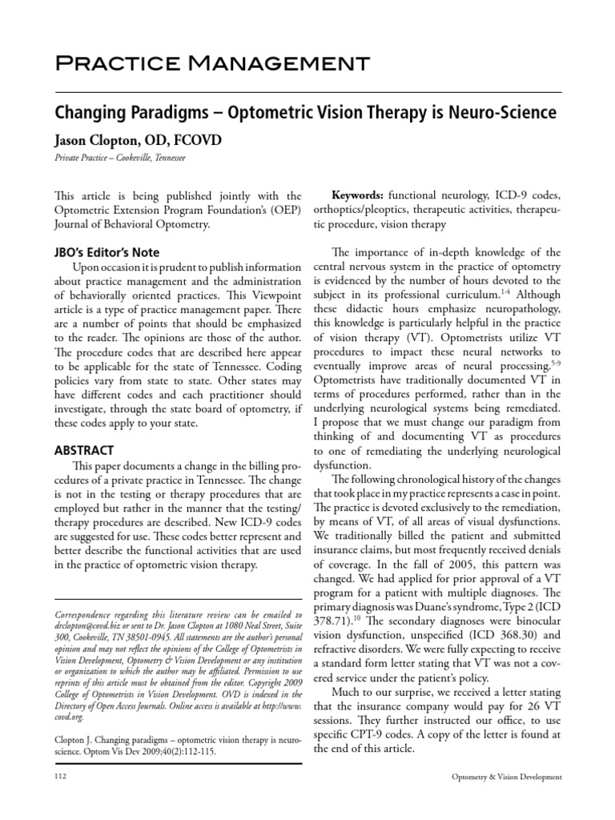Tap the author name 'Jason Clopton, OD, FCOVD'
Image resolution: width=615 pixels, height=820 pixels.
coord(137,140)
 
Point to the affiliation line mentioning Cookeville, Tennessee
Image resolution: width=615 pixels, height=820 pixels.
coord(119,159)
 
